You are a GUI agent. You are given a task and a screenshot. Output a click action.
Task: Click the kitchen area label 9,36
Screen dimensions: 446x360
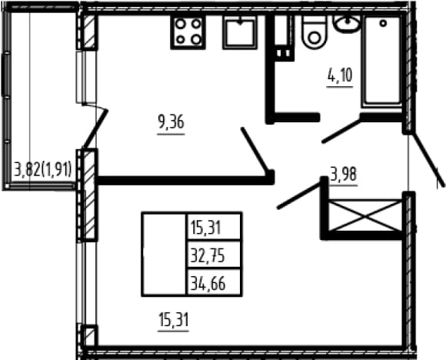pyautogui.click(x=171, y=122)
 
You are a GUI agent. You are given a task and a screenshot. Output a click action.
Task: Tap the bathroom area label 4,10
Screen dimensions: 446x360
pyautogui.click(x=340, y=75)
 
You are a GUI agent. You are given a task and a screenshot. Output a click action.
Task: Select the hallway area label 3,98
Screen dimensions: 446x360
pyautogui.click(x=343, y=174)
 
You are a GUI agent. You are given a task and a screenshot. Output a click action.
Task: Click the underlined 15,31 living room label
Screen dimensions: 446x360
pyautogui.click(x=174, y=319)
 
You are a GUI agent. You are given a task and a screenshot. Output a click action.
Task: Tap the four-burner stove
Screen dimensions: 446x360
pyautogui.click(x=188, y=32)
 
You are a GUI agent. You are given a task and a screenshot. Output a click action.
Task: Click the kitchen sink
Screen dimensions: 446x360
pyautogui.click(x=240, y=32)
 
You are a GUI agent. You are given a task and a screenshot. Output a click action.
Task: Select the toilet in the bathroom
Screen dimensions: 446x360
pyautogui.click(x=314, y=32)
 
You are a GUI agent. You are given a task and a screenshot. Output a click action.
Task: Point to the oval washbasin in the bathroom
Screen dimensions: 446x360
pyautogui.click(x=347, y=24)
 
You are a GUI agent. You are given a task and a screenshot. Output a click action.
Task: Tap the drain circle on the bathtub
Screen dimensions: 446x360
pyautogui.click(x=383, y=23)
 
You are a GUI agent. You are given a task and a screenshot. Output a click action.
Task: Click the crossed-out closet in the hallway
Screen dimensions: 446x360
pyautogui.click(x=365, y=215)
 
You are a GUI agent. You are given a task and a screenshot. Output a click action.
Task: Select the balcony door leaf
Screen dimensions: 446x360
pyautogui.click(x=95, y=128)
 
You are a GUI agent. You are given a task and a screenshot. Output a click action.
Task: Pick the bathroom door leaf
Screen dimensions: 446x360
pyautogui.click(x=341, y=132)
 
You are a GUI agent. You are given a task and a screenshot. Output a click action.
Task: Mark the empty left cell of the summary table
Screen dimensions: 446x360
pyautogui.click(x=165, y=255)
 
